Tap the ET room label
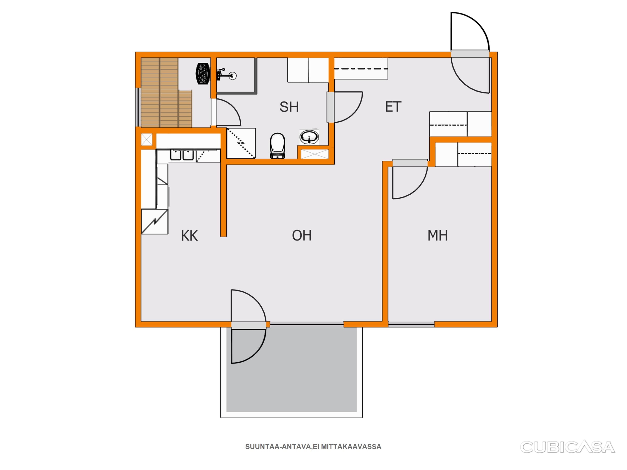(x=393, y=107)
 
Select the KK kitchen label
(x=189, y=236)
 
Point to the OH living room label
(x=302, y=235)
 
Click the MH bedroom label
(x=438, y=235)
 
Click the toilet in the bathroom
(x=277, y=146)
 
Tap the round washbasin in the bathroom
(x=309, y=137)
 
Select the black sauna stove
(x=203, y=74)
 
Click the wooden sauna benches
(x=166, y=93)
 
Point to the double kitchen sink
(x=182, y=155)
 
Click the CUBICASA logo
(x=568, y=447)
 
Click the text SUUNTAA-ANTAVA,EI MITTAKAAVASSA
(x=313, y=447)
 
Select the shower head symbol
(x=227, y=75)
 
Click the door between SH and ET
(x=330, y=107)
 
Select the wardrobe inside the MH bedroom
(x=463, y=155)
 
